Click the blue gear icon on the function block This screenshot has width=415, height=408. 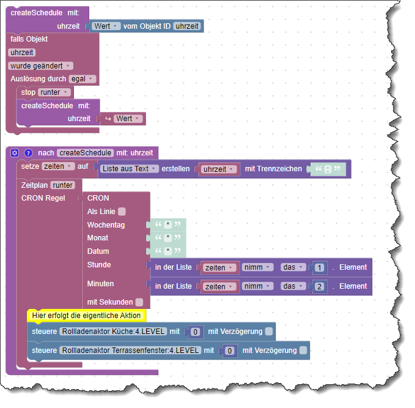15,153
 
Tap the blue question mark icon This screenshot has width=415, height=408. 28,153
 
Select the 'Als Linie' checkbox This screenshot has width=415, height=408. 122,212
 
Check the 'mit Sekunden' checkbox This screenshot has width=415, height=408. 139,302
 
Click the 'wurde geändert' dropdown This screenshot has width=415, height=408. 40,65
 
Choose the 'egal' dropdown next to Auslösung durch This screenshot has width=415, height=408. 83,79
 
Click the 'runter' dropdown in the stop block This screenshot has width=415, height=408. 54,92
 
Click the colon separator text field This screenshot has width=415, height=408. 328,169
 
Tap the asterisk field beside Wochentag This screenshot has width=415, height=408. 168,224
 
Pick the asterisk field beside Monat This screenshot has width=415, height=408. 168,238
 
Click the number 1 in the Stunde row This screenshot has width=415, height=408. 320,267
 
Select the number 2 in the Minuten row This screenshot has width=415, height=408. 320,286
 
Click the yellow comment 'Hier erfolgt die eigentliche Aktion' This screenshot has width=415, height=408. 86,316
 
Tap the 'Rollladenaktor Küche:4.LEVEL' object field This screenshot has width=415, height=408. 113,332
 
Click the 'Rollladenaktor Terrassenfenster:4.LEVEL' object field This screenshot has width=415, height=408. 130,351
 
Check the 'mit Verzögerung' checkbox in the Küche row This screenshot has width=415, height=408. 269,332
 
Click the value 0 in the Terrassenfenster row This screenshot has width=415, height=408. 230,351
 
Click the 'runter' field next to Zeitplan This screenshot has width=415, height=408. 63,185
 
